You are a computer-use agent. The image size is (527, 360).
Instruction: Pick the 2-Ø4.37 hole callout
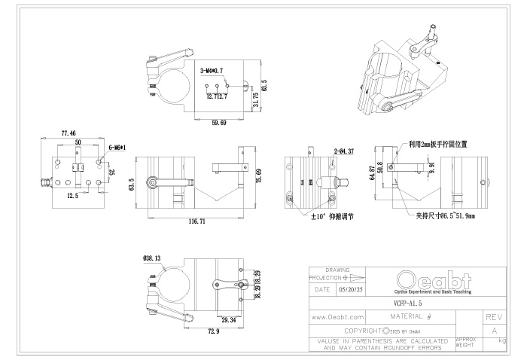(x=343, y=151)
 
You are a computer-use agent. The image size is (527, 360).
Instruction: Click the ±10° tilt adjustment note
(x=332, y=215)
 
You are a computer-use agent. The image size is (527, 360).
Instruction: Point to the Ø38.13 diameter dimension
(x=151, y=258)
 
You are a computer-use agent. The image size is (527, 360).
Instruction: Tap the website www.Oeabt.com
(x=337, y=319)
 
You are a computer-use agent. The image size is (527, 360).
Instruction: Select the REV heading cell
(x=495, y=318)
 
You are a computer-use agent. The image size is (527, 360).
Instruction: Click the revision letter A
(x=495, y=331)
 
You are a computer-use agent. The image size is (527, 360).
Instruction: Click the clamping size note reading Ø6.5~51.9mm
(x=451, y=215)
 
